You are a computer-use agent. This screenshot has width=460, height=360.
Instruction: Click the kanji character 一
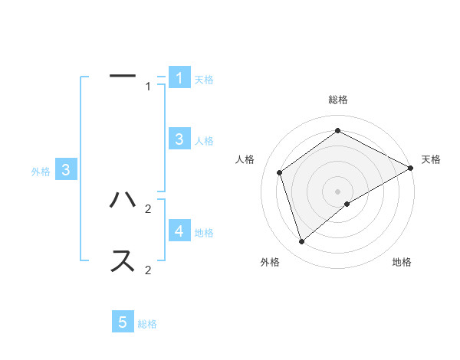point(123,76)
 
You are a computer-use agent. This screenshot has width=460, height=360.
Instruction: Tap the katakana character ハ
point(123,201)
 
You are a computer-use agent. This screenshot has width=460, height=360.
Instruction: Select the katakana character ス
point(123,260)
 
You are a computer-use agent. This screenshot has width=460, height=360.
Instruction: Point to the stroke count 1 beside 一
point(149,87)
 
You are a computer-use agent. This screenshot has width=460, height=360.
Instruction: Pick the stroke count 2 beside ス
point(148,270)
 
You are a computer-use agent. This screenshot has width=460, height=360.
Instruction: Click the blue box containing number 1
point(179,77)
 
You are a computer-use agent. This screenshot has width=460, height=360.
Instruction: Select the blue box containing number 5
point(123,322)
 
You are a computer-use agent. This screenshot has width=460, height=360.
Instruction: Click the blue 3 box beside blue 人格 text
point(179,139)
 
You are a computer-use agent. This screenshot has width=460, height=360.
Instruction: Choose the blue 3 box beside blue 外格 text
point(67,170)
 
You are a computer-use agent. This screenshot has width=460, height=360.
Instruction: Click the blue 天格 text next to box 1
point(203,80)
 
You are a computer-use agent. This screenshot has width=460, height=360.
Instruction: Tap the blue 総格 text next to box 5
point(147,325)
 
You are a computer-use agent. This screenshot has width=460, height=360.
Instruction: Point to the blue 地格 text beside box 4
point(204,233)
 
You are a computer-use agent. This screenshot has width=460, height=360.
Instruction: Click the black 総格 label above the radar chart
point(338,100)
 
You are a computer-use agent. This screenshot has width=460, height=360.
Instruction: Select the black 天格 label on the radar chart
point(431,159)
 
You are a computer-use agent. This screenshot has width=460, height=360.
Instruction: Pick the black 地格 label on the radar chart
point(402,262)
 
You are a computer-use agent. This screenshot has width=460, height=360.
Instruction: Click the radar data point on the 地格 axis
point(347,204)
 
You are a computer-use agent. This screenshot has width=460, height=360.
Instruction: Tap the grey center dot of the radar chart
point(338,191)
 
